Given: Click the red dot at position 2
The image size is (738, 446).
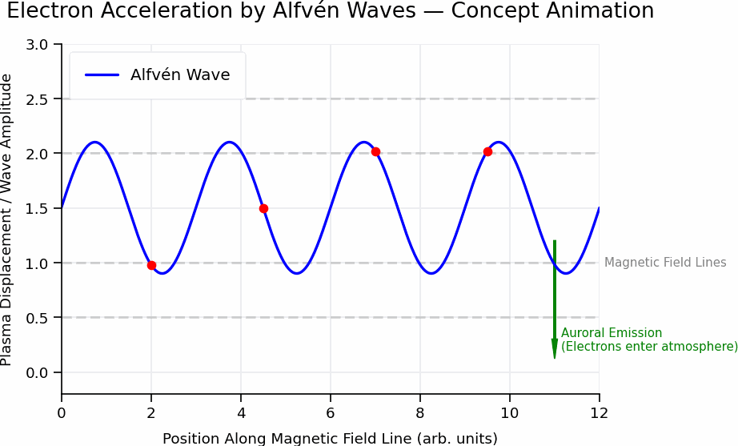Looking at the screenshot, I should [x=151, y=265].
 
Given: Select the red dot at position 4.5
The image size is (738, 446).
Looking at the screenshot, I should [x=263, y=208].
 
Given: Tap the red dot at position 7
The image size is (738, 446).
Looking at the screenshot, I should [x=375, y=151].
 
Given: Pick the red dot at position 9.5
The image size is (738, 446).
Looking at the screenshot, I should [x=487, y=151].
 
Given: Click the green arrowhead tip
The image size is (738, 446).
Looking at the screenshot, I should [x=554, y=356].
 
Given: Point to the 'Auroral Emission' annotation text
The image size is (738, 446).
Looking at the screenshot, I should [x=612, y=333].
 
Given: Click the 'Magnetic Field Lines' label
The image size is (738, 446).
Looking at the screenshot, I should [x=665, y=263].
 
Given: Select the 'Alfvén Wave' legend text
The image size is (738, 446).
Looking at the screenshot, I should [x=180, y=75].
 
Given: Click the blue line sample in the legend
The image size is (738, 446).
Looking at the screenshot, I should [x=102, y=75].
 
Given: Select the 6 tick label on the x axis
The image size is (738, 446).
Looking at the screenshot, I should [x=331, y=413].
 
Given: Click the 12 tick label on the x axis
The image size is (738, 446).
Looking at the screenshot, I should [x=599, y=413].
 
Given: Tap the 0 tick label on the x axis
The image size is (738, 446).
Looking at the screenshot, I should [x=62, y=413].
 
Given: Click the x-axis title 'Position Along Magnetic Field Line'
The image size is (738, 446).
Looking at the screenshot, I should [x=330, y=438].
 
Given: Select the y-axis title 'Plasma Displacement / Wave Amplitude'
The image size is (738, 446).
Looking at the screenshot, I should [x=7, y=219].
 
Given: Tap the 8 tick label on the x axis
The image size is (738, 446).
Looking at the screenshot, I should [x=420, y=413].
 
